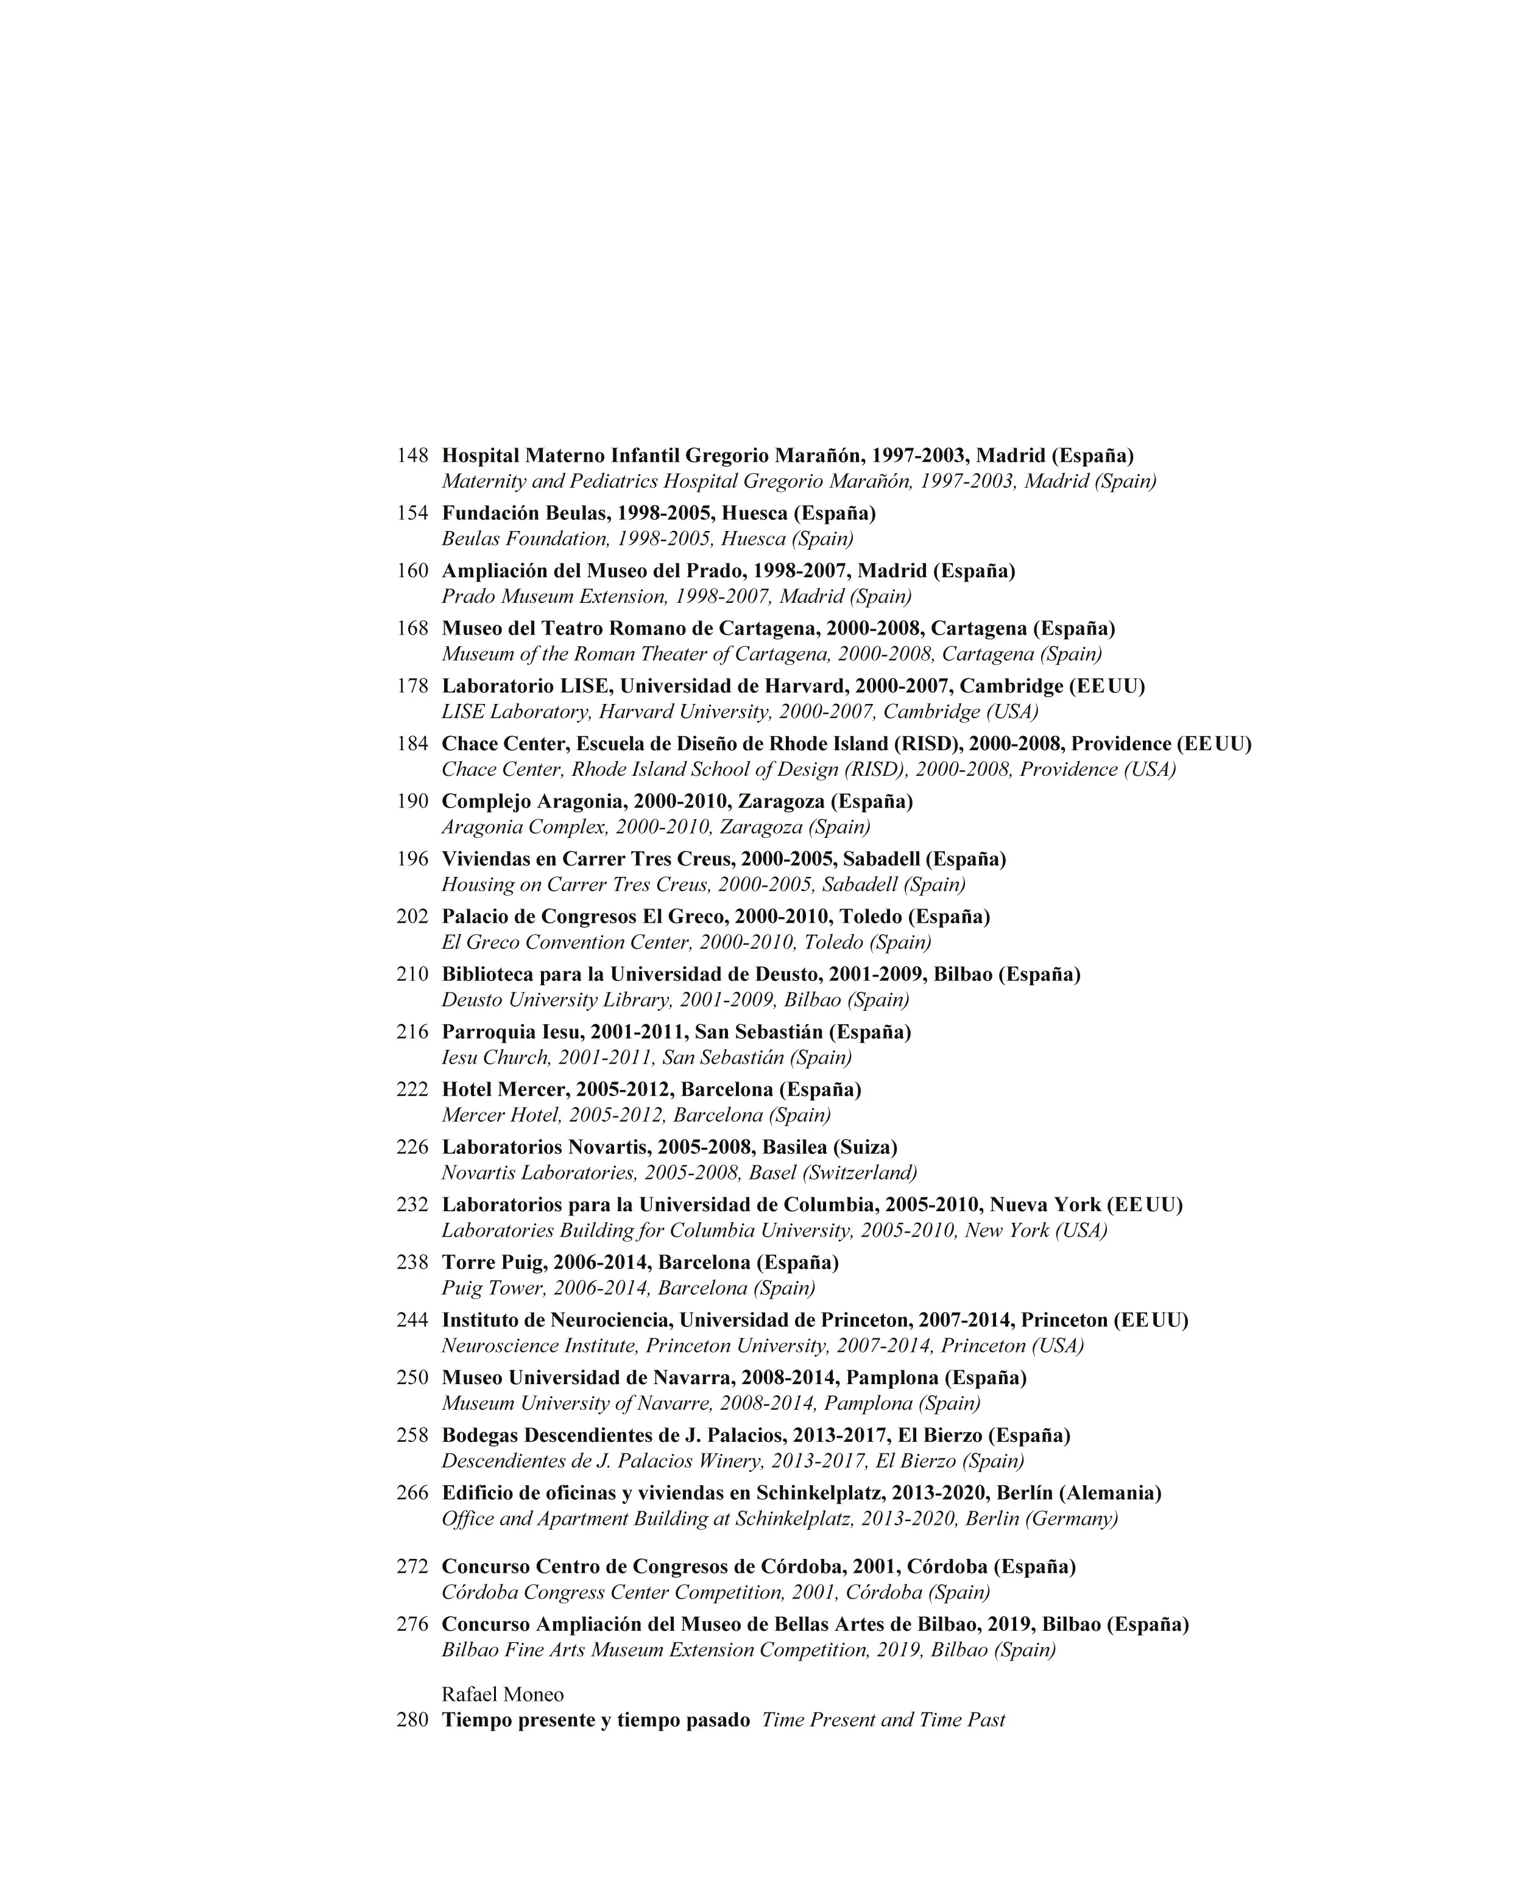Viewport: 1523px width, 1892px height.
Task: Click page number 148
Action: [x=412, y=455]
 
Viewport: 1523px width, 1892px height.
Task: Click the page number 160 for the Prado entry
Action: [x=412, y=571]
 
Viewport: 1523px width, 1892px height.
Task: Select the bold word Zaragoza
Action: [x=780, y=802]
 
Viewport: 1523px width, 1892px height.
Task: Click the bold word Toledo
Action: [x=870, y=917]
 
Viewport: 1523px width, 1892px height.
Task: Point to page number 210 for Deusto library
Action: [x=412, y=974]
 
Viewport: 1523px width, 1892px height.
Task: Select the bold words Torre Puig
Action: [x=488, y=1263]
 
